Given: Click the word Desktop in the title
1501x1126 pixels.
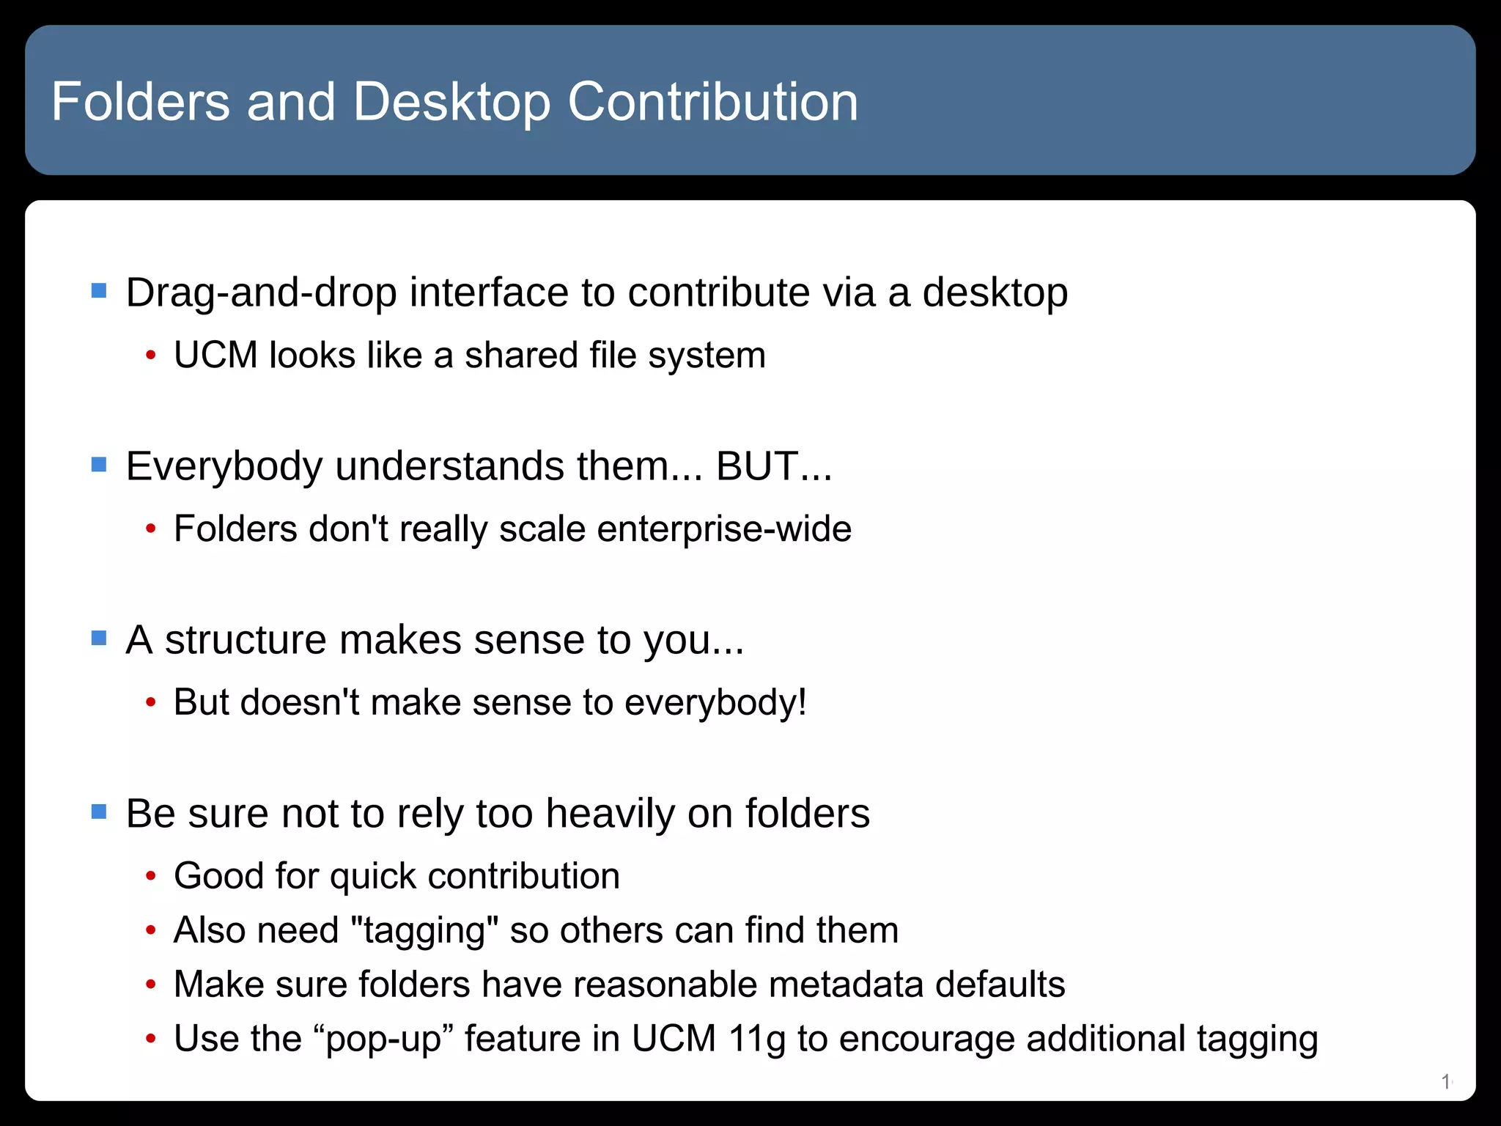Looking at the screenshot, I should click(451, 102).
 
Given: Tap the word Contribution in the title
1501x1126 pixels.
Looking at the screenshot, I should click(712, 102).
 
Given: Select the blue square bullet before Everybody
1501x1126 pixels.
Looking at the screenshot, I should click(99, 465).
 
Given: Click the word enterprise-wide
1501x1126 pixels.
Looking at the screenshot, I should click(724, 529).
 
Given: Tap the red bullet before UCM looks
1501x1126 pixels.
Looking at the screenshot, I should click(151, 356).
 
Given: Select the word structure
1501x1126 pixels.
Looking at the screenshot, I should click(245, 640).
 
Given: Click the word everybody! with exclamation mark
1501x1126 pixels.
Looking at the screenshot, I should click(716, 703).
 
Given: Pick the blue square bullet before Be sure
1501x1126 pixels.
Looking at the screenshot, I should click(99, 812).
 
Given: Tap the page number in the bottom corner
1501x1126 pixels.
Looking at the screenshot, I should click(1446, 1081).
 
